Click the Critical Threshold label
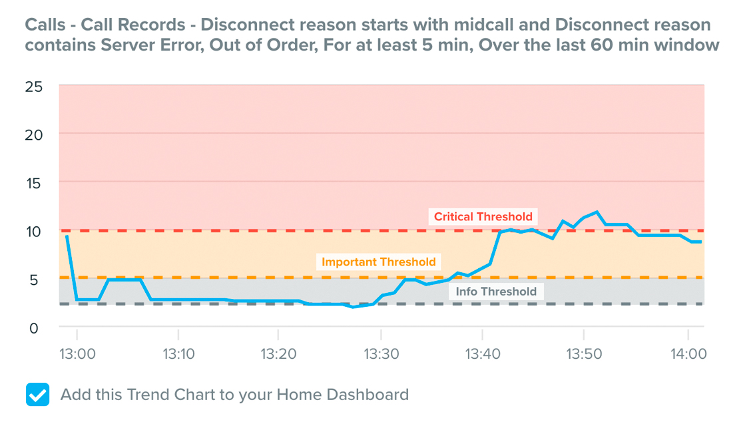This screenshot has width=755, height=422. (483, 217)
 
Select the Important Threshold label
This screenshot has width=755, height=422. (378, 262)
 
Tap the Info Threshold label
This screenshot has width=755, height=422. (496, 292)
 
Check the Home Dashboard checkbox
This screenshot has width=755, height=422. (37, 395)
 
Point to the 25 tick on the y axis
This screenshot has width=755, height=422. (34, 87)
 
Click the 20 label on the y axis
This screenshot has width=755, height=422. (34, 135)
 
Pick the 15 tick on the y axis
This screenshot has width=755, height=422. (34, 183)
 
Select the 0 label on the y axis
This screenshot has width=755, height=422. (34, 329)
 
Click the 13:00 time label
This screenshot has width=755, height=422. (77, 354)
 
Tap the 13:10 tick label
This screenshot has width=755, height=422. (178, 354)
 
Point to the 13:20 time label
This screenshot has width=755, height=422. (278, 354)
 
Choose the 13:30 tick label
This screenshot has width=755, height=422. (381, 354)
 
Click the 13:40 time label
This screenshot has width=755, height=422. (483, 354)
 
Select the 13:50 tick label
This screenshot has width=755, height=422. (584, 354)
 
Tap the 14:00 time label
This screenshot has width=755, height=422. (688, 354)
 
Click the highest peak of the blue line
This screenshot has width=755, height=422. (597, 212)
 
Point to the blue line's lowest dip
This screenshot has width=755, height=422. (353, 306)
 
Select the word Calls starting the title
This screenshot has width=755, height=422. (45, 25)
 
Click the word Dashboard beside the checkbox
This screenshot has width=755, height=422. (368, 395)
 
